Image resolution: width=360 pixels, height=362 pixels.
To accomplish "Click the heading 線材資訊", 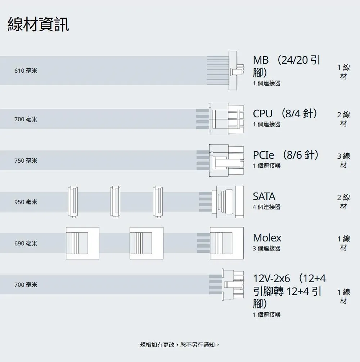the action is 38,24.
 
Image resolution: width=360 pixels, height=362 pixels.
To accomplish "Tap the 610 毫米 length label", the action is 26,71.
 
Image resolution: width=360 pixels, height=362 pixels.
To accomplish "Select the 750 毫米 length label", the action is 26,160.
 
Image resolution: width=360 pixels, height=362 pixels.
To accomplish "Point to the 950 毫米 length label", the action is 26,202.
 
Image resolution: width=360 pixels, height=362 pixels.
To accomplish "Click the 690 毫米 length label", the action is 26,243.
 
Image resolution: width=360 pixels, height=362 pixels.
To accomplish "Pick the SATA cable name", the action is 264,196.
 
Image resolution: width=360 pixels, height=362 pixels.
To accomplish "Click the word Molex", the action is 267,238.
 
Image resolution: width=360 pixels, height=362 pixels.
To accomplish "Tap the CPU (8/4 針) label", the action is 285,113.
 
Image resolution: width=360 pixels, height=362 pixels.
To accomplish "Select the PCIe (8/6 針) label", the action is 286,155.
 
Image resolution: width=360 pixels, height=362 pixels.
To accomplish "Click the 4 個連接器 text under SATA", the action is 266,207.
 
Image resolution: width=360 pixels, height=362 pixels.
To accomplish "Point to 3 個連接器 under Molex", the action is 266,248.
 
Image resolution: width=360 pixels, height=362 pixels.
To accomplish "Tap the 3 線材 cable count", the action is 343,160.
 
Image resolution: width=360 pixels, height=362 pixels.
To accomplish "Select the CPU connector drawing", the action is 226,119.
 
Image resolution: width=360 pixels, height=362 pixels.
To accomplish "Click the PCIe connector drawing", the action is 226,160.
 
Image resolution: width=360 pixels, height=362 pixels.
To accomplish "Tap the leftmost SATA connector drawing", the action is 73,202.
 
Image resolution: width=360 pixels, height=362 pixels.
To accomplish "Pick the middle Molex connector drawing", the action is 147,243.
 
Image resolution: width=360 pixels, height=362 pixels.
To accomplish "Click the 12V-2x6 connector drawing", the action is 233,284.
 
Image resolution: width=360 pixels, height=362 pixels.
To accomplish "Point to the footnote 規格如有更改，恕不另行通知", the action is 179,345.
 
